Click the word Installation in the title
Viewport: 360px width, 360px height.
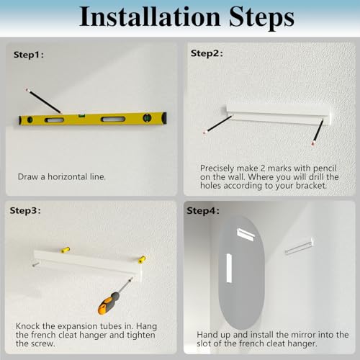pyautogui.click(x=150, y=17)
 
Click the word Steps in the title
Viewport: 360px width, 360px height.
pyautogui.click(x=261, y=18)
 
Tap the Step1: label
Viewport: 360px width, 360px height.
pyautogui.click(x=29, y=55)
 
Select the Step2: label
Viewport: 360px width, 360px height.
pyautogui.click(x=207, y=53)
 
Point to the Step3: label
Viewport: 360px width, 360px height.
pyautogui.click(x=25, y=211)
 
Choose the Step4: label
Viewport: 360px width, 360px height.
pyautogui.click(x=203, y=211)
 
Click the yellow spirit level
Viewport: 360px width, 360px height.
pyautogui.click(x=93, y=119)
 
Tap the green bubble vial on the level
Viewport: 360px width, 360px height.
pyautogui.click(x=81, y=116)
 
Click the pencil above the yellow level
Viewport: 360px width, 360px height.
pyautogui.click(x=43, y=101)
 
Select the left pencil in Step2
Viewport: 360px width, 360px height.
pyautogui.click(x=217, y=125)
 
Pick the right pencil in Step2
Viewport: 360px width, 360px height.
pyautogui.click(x=318, y=132)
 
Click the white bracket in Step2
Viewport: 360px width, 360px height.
pyautogui.click(x=279, y=114)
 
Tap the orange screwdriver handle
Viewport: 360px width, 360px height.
pyautogui.click(x=109, y=303)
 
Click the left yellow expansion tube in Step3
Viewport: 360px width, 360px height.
pyautogui.click(x=65, y=250)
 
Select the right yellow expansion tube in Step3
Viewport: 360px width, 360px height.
pyautogui.click(x=142, y=260)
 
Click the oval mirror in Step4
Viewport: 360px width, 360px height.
pyautogui.click(x=241, y=272)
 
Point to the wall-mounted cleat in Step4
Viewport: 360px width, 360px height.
pyautogui.click(x=300, y=246)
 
